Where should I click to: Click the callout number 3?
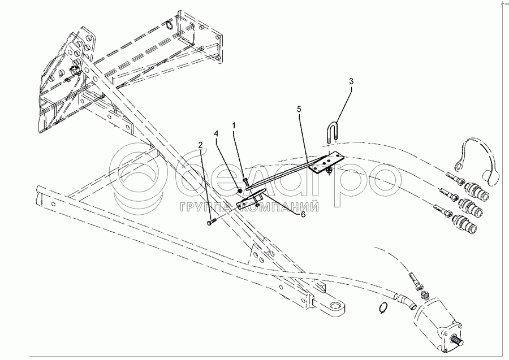pyautogui.click(x=351, y=81)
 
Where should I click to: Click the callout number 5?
pyautogui.click(x=299, y=109)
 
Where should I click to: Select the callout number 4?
pyautogui.click(x=216, y=133)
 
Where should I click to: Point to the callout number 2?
pyautogui.click(x=201, y=144)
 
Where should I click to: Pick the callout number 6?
pyautogui.click(x=303, y=215)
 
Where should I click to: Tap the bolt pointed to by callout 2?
pyautogui.click(x=211, y=223)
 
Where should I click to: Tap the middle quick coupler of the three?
pyautogui.click(x=471, y=207)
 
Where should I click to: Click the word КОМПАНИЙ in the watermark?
pyautogui.click(x=280, y=207)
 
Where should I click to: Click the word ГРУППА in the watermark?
pyautogui.click(x=208, y=207)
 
